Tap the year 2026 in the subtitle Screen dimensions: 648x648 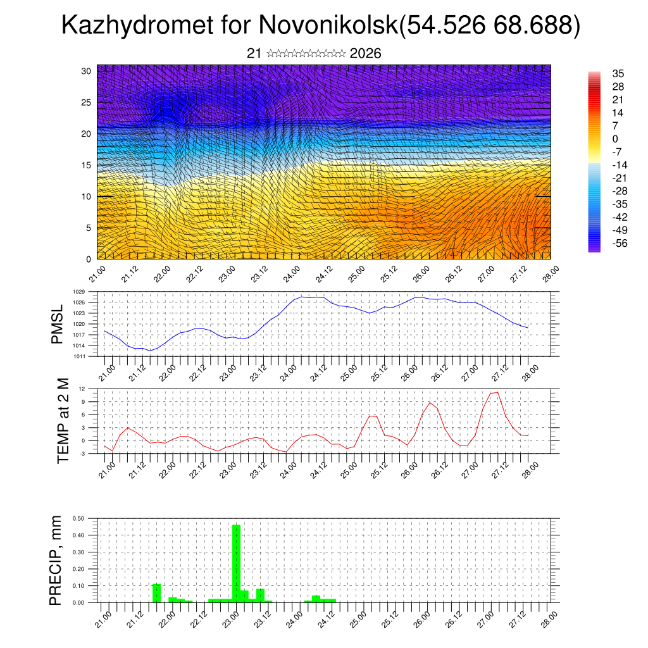click(365, 54)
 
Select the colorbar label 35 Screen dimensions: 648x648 click(618, 73)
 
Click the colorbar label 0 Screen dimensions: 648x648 click(614, 139)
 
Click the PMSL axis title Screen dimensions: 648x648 click(58, 324)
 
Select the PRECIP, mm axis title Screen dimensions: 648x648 click(58, 560)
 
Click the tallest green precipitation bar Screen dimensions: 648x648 click(237, 563)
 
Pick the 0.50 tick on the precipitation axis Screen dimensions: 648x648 click(79, 518)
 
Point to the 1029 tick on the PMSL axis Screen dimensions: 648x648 click(78, 292)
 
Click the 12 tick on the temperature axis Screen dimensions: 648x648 click(82, 389)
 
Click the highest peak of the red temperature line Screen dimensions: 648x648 click(498, 392)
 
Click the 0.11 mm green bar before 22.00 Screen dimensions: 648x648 click(157, 593)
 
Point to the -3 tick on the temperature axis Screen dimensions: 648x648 click(82, 454)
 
